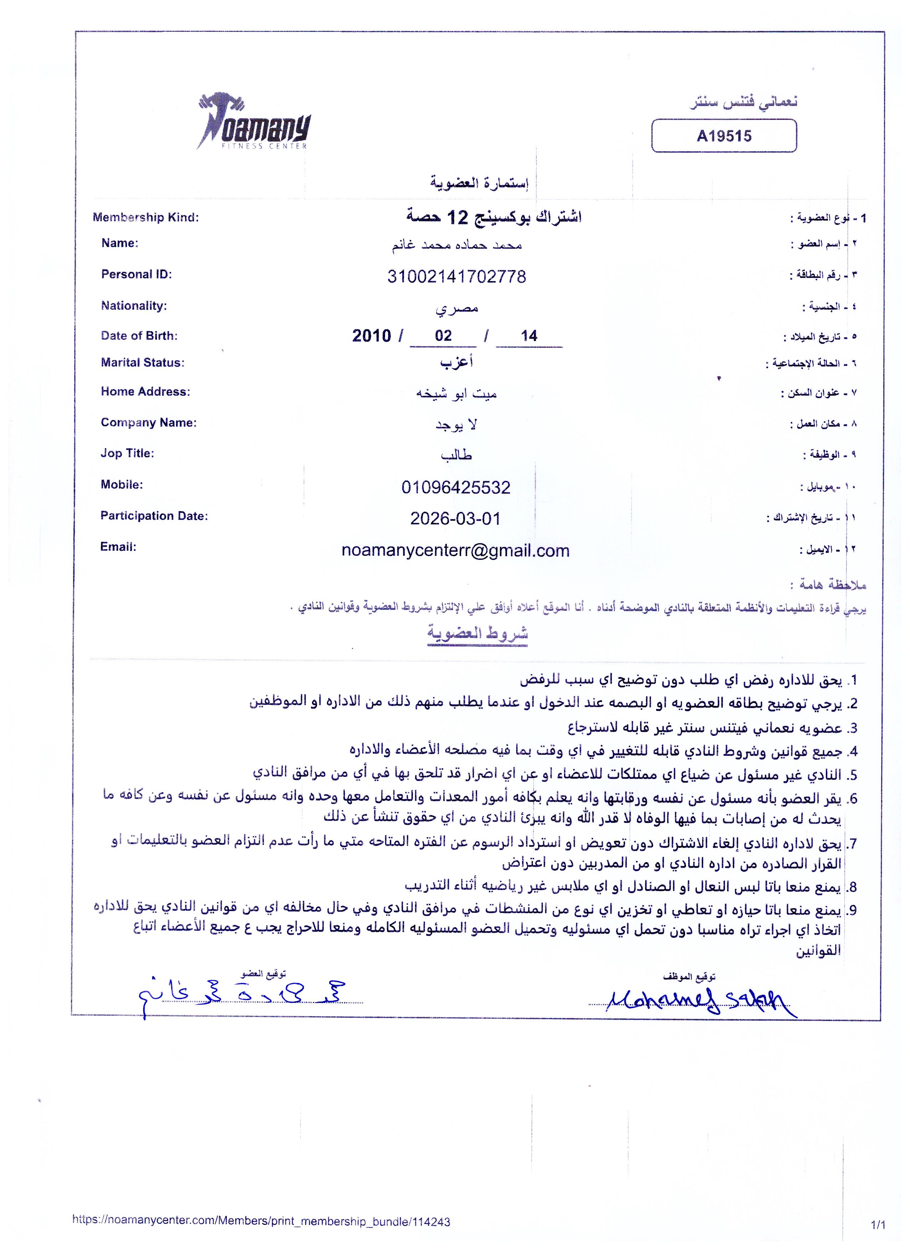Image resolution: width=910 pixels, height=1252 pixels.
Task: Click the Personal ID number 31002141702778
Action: coord(456,276)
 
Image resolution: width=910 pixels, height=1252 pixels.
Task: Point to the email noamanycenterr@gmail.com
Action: coord(455,550)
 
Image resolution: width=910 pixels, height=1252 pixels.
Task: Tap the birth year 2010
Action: coord(372,336)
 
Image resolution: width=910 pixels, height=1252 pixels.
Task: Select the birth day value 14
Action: coord(529,336)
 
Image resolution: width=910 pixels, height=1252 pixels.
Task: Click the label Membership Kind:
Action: coord(146,218)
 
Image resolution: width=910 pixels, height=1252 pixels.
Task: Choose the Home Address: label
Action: coord(145,392)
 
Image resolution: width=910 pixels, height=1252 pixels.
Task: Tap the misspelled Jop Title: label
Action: coord(127,453)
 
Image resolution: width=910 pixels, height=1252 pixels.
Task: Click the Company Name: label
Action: coord(148,423)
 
